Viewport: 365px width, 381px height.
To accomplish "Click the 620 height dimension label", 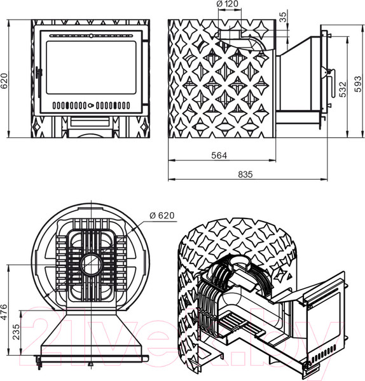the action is (x=4, y=81).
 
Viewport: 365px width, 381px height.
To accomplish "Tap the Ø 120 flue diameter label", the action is (x=228, y=4).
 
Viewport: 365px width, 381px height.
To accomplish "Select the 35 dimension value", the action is (x=283, y=17).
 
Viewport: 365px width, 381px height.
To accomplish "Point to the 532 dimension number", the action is (x=342, y=90).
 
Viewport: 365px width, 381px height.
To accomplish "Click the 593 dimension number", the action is (x=358, y=84).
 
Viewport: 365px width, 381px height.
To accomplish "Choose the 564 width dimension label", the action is (x=219, y=156).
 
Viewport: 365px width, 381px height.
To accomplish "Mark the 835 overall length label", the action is (x=245, y=174).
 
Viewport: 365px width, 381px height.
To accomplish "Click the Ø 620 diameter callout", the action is (x=162, y=215).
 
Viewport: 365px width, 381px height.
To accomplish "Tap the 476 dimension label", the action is (x=4, y=312).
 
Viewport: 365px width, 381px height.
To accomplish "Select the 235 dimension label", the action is (x=16, y=332).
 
